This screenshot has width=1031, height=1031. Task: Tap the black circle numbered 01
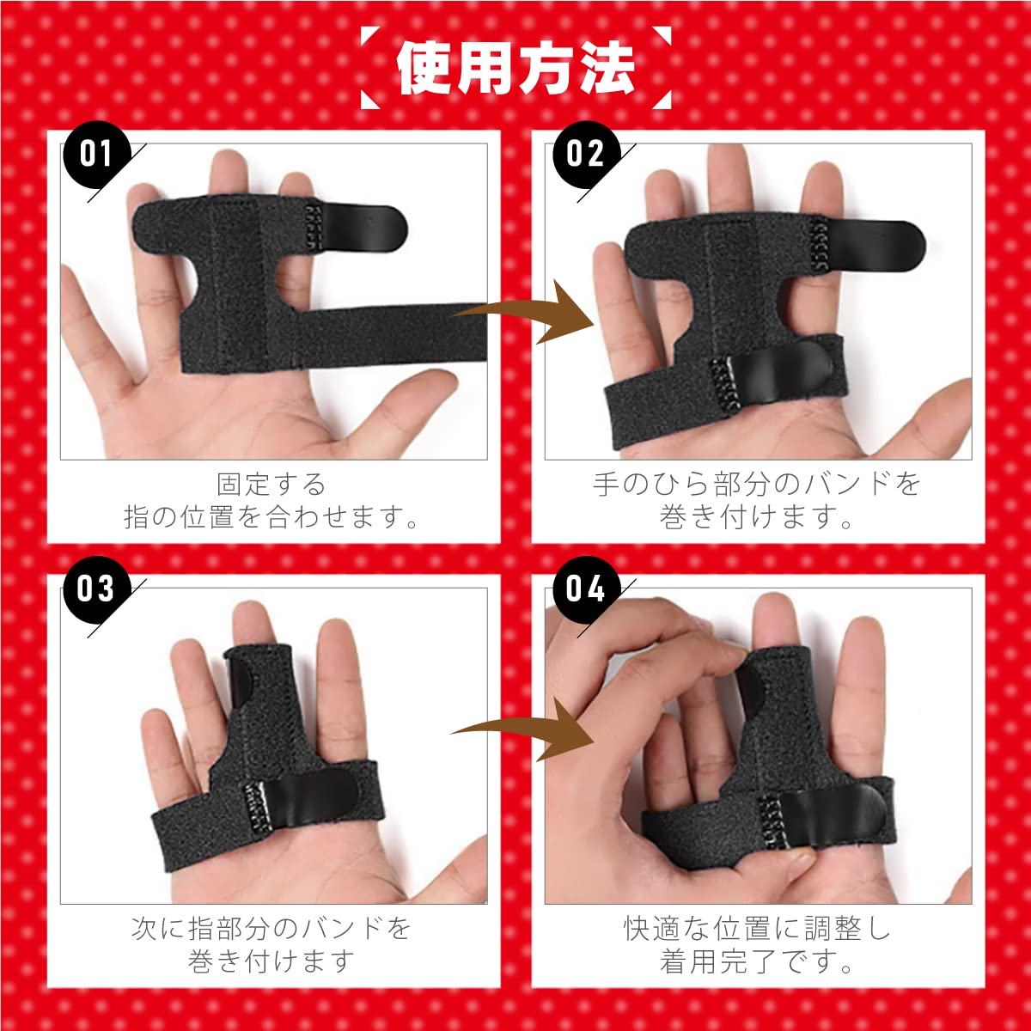(x=96, y=155)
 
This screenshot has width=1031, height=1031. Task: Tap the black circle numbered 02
(x=585, y=155)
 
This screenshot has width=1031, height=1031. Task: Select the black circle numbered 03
(x=96, y=589)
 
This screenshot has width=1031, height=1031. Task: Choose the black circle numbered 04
(x=585, y=589)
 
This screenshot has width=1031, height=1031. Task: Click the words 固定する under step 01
(x=271, y=485)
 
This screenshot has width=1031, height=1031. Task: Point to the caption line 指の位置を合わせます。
(x=271, y=518)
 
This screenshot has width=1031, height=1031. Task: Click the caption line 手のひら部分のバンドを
(x=757, y=485)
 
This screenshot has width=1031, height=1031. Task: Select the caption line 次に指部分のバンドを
(x=271, y=929)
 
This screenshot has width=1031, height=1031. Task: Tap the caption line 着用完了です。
(x=757, y=961)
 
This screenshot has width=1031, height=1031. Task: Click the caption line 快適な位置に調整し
(x=757, y=929)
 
